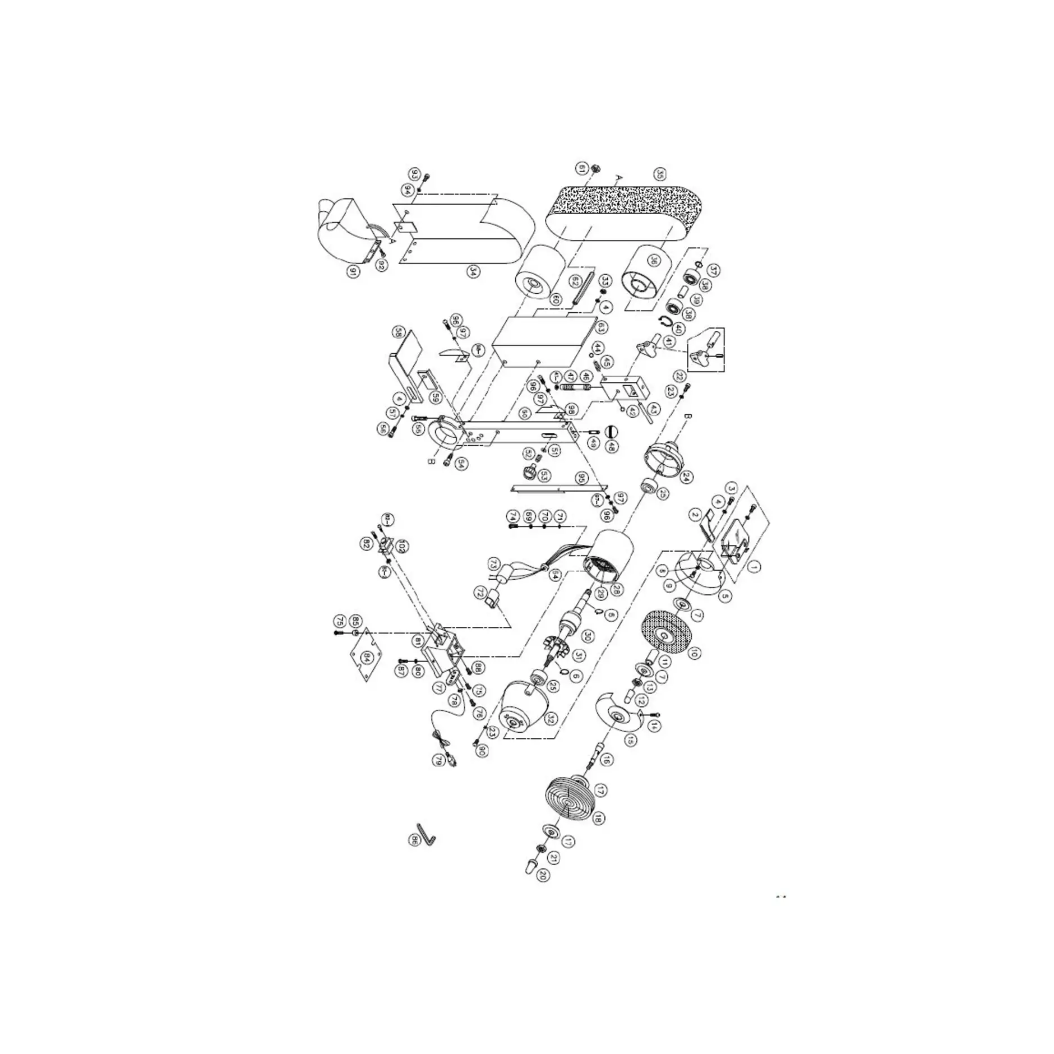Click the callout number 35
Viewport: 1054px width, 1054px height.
(x=660, y=175)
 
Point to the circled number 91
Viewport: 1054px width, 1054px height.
(x=353, y=272)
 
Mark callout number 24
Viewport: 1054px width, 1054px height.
(x=685, y=477)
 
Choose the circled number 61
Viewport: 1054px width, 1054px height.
(x=581, y=168)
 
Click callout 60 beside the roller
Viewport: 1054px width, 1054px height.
(x=555, y=299)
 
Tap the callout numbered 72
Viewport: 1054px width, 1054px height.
(x=480, y=591)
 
